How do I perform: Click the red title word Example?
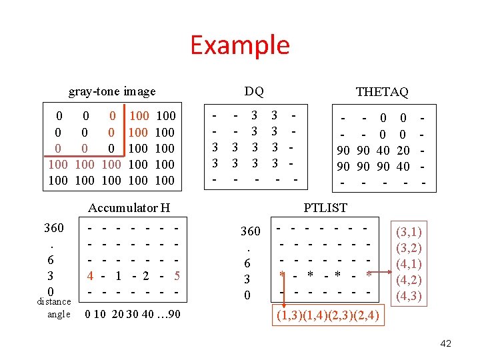tap(240, 45)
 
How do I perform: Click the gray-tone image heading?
tap(112, 91)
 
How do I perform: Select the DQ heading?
tap(253, 91)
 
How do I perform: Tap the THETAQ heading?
tap(382, 91)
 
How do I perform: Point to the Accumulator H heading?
tap(129, 208)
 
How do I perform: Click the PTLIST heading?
tap(325, 208)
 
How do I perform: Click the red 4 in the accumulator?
tap(89, 275)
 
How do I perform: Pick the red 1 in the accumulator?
tap(118, 275)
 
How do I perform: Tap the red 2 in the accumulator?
tap(146, 275)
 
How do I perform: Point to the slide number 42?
tap(445, 343)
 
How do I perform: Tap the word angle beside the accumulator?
tap(59, 314)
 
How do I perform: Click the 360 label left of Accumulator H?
tap(53, 228)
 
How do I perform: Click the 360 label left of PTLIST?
tap(250, 231)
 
